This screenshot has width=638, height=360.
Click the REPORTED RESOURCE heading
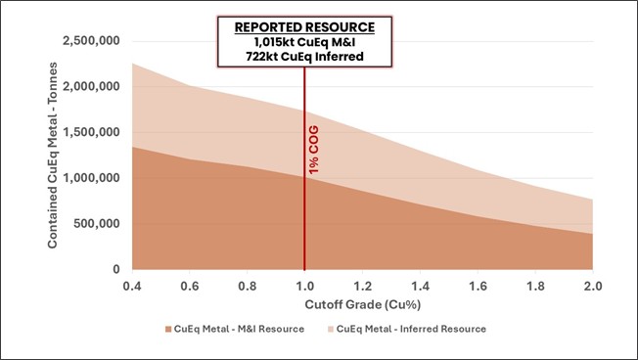click(304, 26)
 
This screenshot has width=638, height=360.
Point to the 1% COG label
click(314, 152)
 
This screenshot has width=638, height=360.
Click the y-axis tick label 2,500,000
click(91, 41)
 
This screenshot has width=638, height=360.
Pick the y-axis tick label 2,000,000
click(91, 87)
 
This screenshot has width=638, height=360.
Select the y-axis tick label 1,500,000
click(91, 133)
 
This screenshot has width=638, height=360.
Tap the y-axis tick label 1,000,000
click(91, 178)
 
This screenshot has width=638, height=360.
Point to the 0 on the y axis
click(116, 270)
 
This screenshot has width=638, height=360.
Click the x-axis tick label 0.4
click(132, 286)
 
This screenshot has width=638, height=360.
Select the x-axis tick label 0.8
click(247, 286)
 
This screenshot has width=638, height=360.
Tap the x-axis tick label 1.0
click(304, 286)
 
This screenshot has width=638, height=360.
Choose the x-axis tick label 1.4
click(420, 286)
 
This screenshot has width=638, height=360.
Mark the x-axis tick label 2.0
click(592, 286)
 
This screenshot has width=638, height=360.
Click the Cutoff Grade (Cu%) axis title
click(362, 305)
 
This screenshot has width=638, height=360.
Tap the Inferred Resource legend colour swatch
click(328, 329)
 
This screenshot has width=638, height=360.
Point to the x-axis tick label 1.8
click(535, 286)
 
